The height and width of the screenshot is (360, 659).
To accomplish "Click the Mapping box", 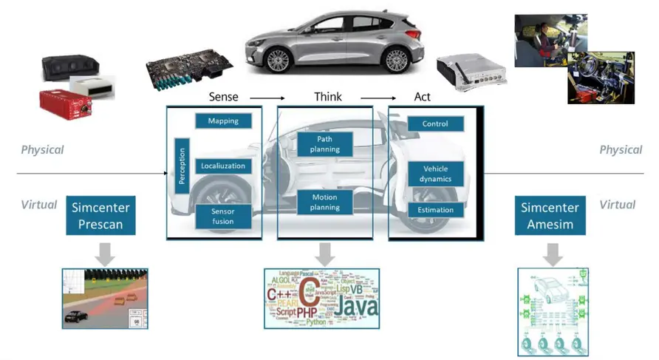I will pyautogui.click(x=222, y=120).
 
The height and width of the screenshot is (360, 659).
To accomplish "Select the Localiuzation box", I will pyautogui.click(x=222, y=166).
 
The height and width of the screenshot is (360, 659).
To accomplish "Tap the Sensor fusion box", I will pyautogui.click(x=222, y=217).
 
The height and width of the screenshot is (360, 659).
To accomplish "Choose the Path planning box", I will pyautogui.click(x=324, y=143).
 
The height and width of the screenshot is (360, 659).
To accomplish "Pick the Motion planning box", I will pyautogui.click(x=324, y=202).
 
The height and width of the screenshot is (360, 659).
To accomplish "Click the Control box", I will pyautogui.click(x=435, y=124).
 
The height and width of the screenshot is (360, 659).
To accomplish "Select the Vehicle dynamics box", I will pyautogui.click(x=435, y=174).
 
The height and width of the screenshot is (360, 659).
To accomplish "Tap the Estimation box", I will pyautogui.click(x=435, y=211).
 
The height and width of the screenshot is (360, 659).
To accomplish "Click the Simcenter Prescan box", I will pyautogui.click(x=96, y=215).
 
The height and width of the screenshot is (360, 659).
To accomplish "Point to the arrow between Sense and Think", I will pyautogui.click(x=267, y=98).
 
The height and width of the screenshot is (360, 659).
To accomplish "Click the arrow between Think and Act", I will pyautogui.click(x=378, y=98).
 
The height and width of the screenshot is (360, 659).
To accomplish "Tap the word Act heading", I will pyautogui.click(x=422, y=97).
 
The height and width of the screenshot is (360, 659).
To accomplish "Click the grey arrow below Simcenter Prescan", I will pyautogui.click(x=106, y=254).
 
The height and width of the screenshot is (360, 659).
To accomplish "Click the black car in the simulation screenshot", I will pyautogui.click(x=75, y=316).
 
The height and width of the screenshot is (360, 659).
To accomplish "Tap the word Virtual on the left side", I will pyautogui.click(x=38, y=205).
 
